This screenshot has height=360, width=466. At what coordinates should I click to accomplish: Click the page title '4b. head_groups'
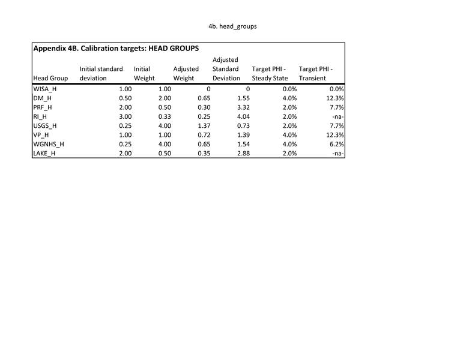click(x=232, y=26)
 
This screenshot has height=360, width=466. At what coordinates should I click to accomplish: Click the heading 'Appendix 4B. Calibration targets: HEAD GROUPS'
click(x=116, y=48)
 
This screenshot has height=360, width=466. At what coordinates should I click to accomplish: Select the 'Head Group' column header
click(x=50, y=78)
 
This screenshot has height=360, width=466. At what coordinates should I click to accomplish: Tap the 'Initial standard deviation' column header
click(x=101, y=73)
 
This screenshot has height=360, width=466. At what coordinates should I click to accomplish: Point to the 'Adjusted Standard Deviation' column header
click(x=226, y=69)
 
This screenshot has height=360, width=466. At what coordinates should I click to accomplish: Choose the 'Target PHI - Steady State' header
click(x=270, y=73)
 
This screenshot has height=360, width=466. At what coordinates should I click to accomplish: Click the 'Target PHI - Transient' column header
click(x=315, y=73)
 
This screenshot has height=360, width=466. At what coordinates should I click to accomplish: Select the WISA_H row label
click(x=45, y=89)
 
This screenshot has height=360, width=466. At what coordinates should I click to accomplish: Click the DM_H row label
click(x=43, y=98)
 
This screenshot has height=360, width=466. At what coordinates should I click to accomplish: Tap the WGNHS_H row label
click(x=49, y=144)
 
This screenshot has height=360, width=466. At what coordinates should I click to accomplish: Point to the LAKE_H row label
click(x=45, y=153)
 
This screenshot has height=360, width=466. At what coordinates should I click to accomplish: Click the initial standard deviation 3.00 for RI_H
click(x=125, y=116)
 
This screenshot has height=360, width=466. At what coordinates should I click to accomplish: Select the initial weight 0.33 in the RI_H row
click(x=164, y=116)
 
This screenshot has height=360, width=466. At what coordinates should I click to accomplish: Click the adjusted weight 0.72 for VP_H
click(x=203, y=135)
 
